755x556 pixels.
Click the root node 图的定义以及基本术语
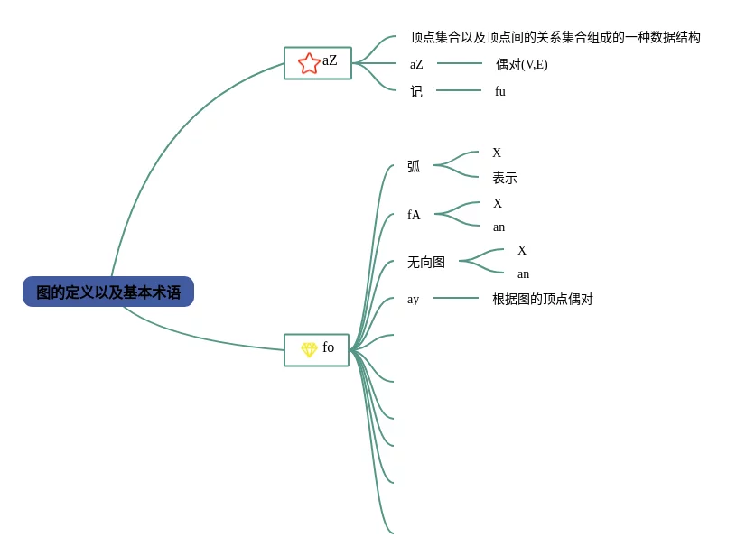(x=108, y=292)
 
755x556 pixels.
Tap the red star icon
(x=309, y=63)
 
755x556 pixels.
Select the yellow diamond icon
(x=309, y=349)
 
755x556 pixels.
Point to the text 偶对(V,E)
(x=521, y=64)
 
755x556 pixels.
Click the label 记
(x=416, y=91)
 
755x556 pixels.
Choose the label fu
(x=499, y=91)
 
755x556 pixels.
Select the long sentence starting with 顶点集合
(x=555, y=37)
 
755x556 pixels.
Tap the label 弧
(x=414, y=166)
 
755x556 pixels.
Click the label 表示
(x=504, y=178)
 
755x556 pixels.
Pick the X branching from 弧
(x=497, y=153)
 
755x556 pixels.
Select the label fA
(x=414, y=215)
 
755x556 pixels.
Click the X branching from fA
(x=498, y=203)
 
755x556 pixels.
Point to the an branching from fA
(x=499, y=227)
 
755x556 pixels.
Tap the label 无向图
(x=426, y=262)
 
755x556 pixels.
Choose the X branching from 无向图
(x=522, y=250)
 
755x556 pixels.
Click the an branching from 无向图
(x=523, y=273)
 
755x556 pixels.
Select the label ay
(x=413, y=299)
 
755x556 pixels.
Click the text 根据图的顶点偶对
(x=542, y=299)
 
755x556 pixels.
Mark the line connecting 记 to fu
(x=459, y=90)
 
